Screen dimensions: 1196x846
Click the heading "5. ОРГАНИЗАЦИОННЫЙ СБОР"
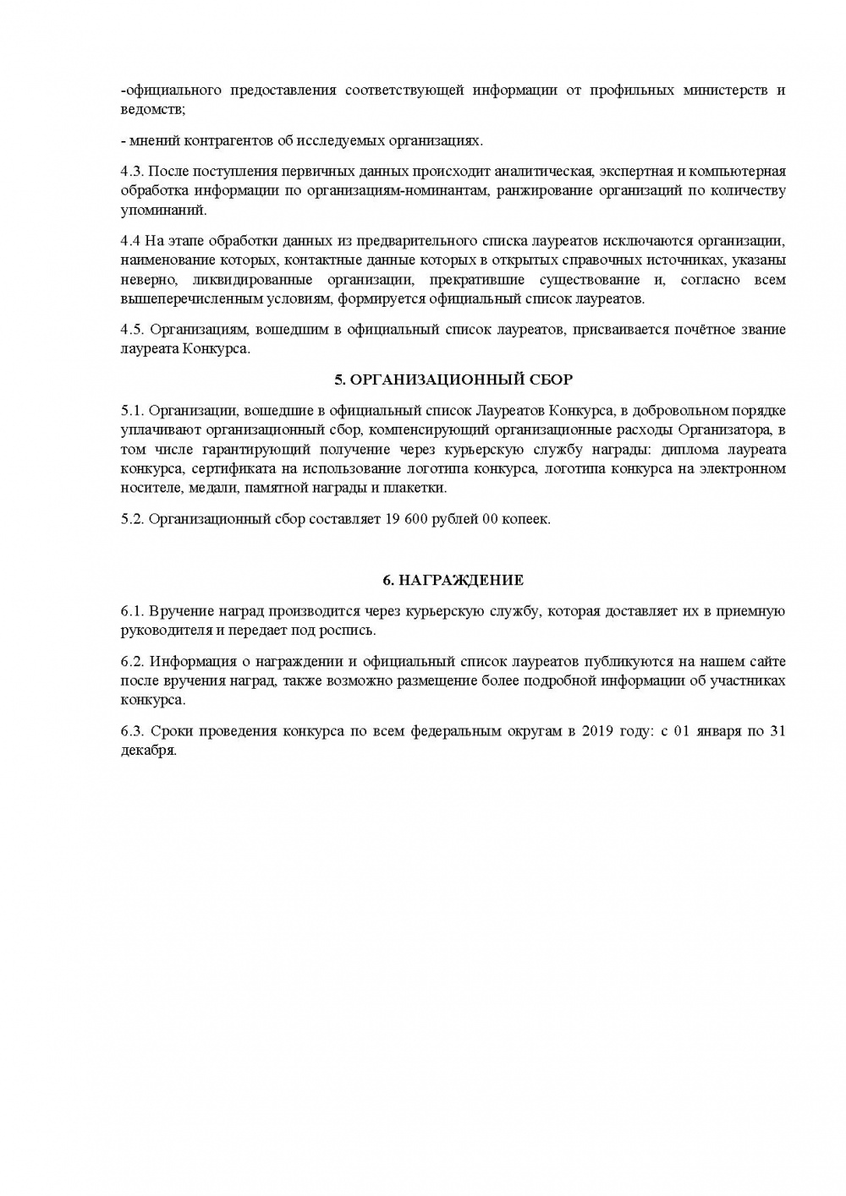point(453,380)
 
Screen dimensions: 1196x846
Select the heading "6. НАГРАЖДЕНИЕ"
point(453,581)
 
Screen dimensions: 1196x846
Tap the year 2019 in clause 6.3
point(598,731)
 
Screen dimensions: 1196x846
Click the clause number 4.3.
point(133,172)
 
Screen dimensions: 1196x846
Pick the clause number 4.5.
point(133,330)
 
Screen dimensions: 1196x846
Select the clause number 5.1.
point(133,411)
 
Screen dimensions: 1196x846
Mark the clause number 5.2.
point(133,519)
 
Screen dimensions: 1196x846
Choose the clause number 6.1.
point(133,611)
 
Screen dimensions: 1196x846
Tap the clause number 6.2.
point(133,662)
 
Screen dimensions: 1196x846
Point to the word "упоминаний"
point(163,210)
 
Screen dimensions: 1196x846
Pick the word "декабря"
point(148,751)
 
